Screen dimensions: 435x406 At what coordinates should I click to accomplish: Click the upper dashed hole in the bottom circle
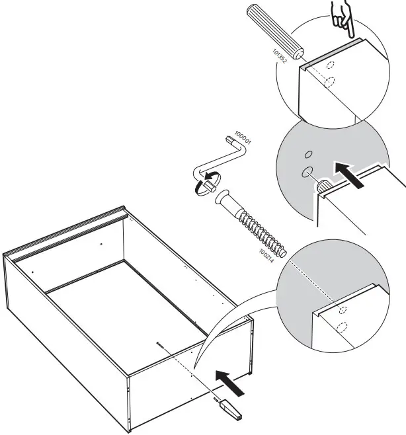pyautogui.click(x=341, y=309)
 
